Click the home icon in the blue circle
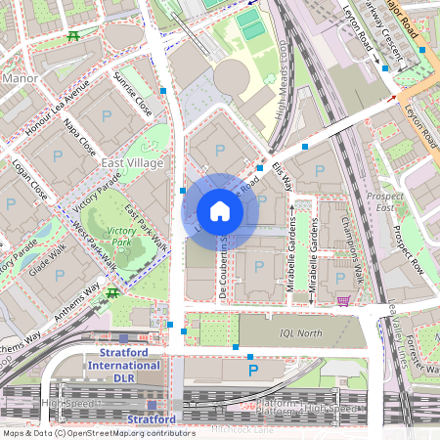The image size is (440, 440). coord(220,210)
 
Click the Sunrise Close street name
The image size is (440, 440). coord(132,93)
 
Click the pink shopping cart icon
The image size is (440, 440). coord(342,300)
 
